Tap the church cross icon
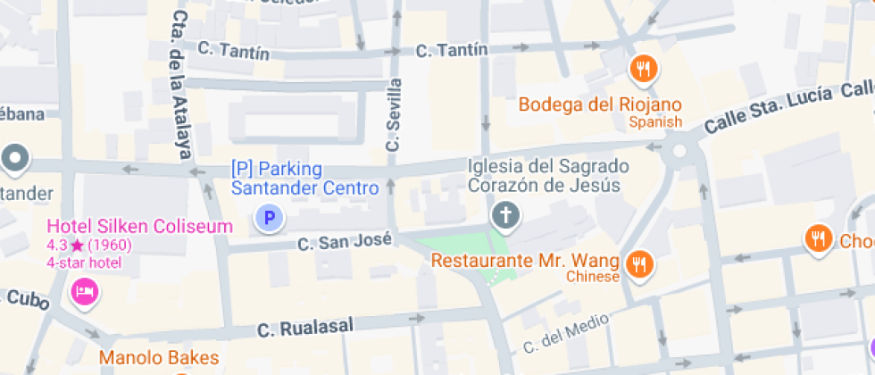pos(505,215)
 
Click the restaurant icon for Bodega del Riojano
pos(643,68)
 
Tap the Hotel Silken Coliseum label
pos(139,227)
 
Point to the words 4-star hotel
pos(84,262)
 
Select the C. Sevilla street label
pos(394,114)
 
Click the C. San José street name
pos(345,242)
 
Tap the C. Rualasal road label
pos(304,329)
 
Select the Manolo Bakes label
pos(158,358)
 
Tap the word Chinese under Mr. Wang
pos(593,277)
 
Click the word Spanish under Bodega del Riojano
pos(654,122)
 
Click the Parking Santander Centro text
pos(304,178)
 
